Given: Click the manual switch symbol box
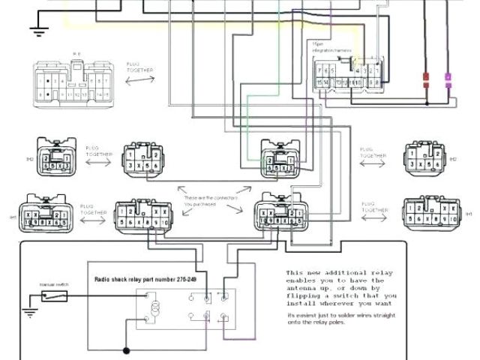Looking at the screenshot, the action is coord(55,296).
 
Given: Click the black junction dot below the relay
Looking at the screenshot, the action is coord(126,349).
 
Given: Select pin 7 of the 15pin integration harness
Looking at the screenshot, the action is coord(319,70).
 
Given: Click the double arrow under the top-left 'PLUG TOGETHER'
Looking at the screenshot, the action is coord(139,78).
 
